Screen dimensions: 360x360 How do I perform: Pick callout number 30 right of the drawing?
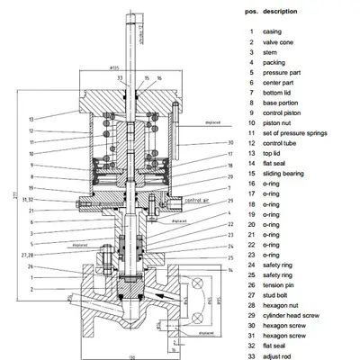[x=206, y=142]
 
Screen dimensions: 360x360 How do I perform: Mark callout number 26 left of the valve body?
[x=31, y=266]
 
